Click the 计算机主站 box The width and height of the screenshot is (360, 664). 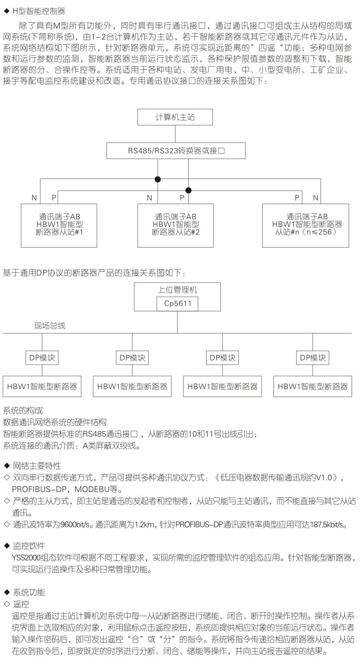pyautogui.click(x=175, y=117)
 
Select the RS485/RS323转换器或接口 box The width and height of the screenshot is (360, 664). pyautogui.click(x=176, y=151)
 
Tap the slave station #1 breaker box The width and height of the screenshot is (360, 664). pyautogui.click(x=59, y=225)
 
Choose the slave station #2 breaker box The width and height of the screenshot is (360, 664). pyautogui.click(x=175, y=225)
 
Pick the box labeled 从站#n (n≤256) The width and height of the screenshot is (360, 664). pyautogui.click(x=305, y=225)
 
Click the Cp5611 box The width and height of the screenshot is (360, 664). pyautogui.click(x=178, y=304)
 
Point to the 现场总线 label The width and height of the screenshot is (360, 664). pyautogui.click(x=49, y=326)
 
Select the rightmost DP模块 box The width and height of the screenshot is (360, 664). pyautogui.click(x=313, y=358)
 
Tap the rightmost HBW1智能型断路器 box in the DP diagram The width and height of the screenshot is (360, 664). pyautogui.click(x=313, y=386)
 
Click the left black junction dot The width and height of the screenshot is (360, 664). pyautogui.click(x=158, y=179)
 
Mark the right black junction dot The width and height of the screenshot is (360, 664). pyautogui.click(x=189, y=190)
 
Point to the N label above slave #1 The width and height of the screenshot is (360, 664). pyautogui.click(x=34, y=198)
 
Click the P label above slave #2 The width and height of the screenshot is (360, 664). pyautogui.click(x=182, y=198)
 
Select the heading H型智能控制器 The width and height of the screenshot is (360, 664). pyautogui.click(x=39, y=11)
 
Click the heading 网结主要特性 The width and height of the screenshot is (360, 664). pyautogui.click(x=37, y=466)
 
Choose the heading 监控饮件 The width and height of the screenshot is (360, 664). pyautogui.click(x=29, y=546)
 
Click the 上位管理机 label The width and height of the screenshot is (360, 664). pyautogui.click(x=177, y=290)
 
